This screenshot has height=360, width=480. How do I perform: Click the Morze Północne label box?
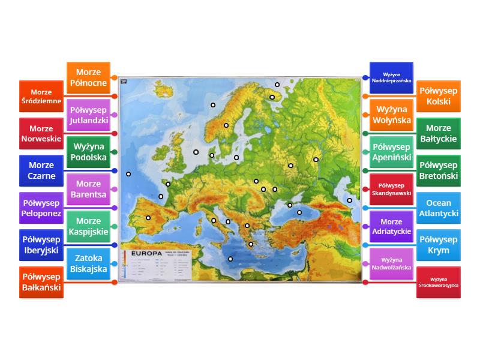point(88,77)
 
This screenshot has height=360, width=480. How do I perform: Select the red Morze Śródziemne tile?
point(41,97)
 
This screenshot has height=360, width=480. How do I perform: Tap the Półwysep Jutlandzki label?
point(88,115)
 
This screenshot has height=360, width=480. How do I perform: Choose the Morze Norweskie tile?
point(41,134)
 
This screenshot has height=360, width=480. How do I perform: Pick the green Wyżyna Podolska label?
point(88,152)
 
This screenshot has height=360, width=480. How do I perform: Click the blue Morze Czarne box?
point(41,170)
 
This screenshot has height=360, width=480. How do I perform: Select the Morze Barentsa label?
point(88,189)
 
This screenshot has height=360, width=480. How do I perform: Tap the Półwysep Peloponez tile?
point(41,207)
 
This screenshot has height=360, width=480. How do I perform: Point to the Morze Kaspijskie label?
point(88,226)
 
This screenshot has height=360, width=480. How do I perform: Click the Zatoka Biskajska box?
point(88,263)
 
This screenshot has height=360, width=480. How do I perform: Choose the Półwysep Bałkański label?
point(41,281)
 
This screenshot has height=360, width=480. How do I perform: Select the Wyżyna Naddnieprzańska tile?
point(391,77)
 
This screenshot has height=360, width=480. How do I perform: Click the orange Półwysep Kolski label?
point(439,96)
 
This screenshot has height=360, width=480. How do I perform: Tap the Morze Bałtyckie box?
point(439,133)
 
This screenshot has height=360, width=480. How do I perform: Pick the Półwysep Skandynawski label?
point(391,189)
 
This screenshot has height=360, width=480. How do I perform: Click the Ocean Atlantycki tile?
point(439,208)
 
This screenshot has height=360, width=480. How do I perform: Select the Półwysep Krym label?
point(439,244)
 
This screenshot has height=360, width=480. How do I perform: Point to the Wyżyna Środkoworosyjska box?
point(439,281)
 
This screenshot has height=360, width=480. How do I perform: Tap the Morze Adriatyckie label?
point(391,226)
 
